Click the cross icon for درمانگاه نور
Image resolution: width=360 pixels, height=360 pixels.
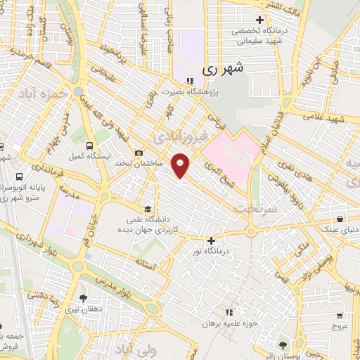(x=210, y=240)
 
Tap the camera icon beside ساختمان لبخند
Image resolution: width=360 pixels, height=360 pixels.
(x=139, y=153)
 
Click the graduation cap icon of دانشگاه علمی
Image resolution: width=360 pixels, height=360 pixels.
(x=147, y=209)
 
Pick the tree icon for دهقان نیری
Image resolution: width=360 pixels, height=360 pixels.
(x=83, y=298)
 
